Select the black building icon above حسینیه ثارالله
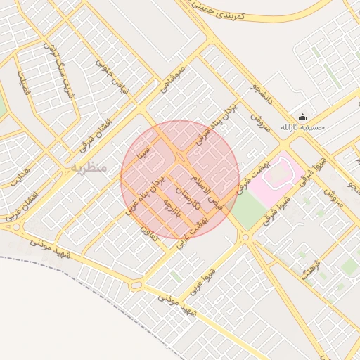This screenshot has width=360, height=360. pos(302,117)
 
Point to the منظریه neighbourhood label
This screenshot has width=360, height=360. pos(89,168)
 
